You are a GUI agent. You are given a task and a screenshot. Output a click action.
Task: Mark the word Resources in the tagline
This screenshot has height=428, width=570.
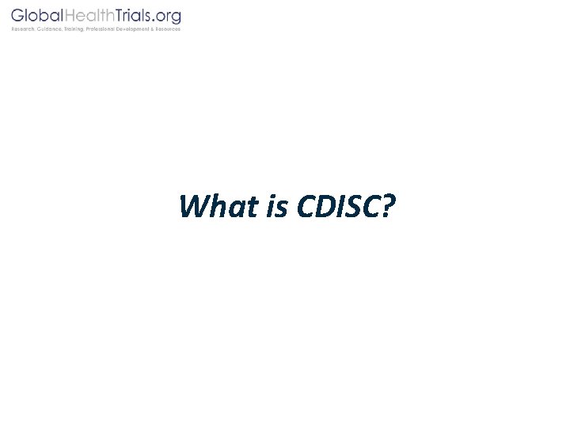coord(169,29)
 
